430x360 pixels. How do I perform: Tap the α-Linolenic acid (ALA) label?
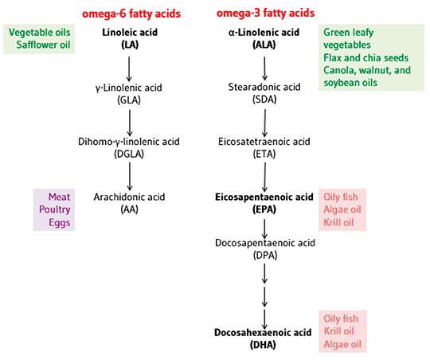tap(264, 37)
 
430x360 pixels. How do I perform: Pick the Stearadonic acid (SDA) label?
tap(264, 93)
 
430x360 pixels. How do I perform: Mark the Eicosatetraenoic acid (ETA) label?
tap(264, 147)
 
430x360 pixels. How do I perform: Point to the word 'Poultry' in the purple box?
tap(55, 209)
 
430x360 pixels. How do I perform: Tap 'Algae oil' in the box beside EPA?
tap(342, 209)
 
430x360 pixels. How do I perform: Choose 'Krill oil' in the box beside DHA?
tap(340, 331)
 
